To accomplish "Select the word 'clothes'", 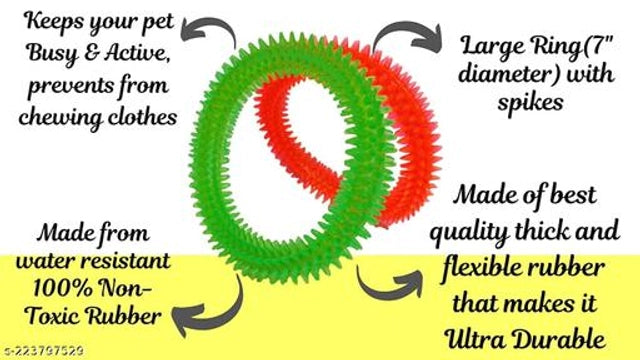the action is click(x=142, y=117).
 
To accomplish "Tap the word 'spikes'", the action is click(x=530, y=104).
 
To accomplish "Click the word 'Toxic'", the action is click(x=53, y=316).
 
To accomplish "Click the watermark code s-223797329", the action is click(x=44, y=351).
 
